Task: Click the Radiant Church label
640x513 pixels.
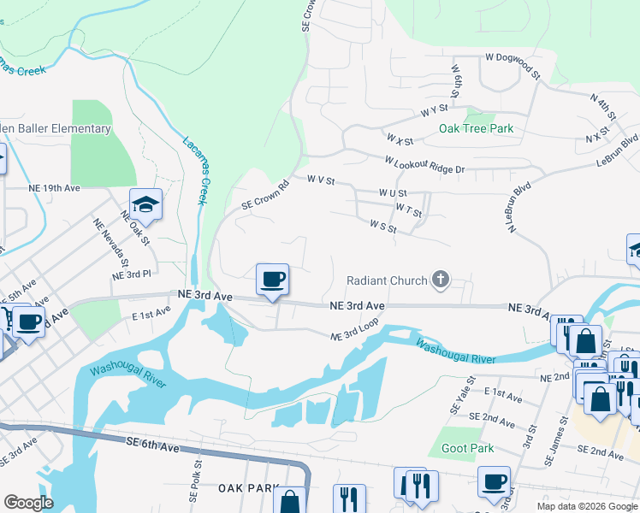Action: click(x=387, y=280)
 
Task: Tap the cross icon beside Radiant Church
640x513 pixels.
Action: click(x=441, y=280)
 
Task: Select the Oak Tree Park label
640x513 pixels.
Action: click(x=476, y=128)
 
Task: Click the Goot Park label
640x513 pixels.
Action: click(x=467, y=448)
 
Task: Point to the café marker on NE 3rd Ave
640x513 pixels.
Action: click(x=272, y=280)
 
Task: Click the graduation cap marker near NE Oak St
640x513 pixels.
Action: click(x=146, y=204)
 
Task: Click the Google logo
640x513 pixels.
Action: click(x=27, y=502)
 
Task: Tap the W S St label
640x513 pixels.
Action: click(x=383, y=227)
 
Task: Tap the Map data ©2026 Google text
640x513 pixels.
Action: click(x=586, y=506)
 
